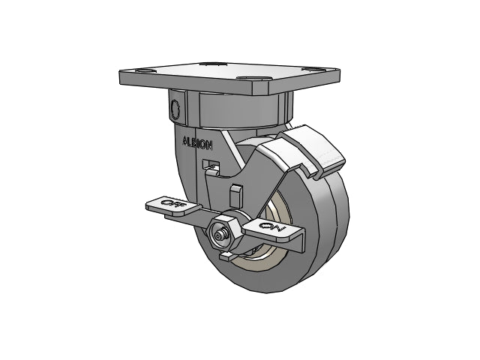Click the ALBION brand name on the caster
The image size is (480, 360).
pos(197,143)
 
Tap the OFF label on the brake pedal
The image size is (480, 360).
pos(173,203)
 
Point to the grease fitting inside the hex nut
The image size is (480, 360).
pos(219,235)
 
